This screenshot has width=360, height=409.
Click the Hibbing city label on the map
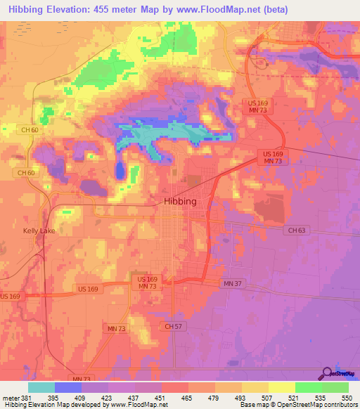point(180,201)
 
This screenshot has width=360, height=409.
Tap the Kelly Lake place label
point(39,231)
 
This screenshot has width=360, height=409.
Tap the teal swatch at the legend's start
point(41,387)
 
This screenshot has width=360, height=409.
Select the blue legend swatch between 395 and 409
point(68,387)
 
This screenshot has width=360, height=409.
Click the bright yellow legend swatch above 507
point(282,387)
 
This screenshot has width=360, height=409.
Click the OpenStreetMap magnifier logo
point(326,374)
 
